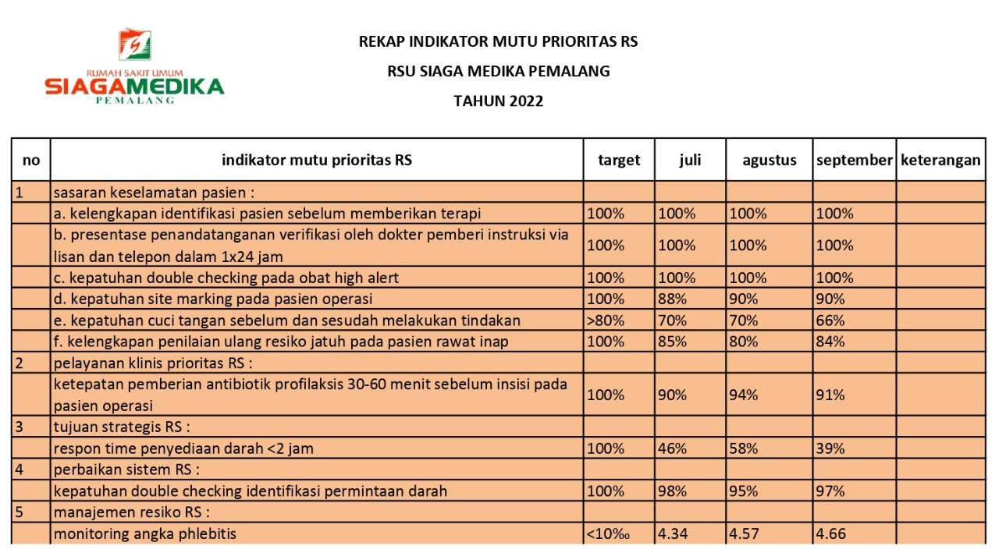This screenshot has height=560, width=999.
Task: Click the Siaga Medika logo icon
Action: [x=135, y=45]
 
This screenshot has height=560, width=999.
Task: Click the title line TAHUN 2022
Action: [x=498, y=101]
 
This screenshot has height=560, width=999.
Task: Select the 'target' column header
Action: [x=619, y=160]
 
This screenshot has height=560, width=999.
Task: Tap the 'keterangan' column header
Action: [x=940, y=160]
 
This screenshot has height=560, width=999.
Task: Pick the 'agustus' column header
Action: [x=770, y=160]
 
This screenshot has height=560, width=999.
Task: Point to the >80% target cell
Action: [x=605, y=320]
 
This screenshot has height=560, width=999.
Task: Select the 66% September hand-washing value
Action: [x=830, y=320]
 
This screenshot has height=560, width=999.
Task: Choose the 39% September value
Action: [x=830, y=448]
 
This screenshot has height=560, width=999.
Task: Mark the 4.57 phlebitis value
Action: [x=745, y=533]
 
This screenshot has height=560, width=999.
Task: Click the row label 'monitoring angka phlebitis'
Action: [x=144, y=533]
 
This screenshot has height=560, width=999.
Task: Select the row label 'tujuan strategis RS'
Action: [x=123, y=427]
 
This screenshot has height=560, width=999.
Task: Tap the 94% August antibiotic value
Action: [x=743, y=395]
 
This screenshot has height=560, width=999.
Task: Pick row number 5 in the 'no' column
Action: [x=19, y=512]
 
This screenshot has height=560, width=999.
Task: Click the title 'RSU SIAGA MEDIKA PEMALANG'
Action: [x=498, y=71]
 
